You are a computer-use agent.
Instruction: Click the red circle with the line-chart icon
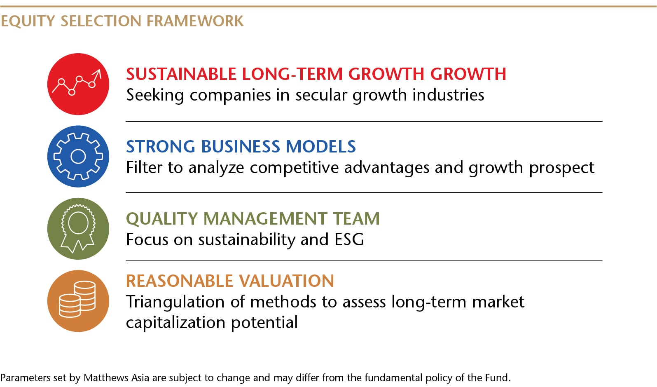point(78,84)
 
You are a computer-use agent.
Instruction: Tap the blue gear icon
point(78,157)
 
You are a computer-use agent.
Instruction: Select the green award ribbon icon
point(78,229)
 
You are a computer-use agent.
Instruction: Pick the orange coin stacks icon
point(78,301)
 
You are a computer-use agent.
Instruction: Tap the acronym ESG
point(349,239)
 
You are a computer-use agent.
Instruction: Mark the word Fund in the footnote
point(496,378)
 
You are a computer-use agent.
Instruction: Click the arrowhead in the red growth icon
point(98,73)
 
